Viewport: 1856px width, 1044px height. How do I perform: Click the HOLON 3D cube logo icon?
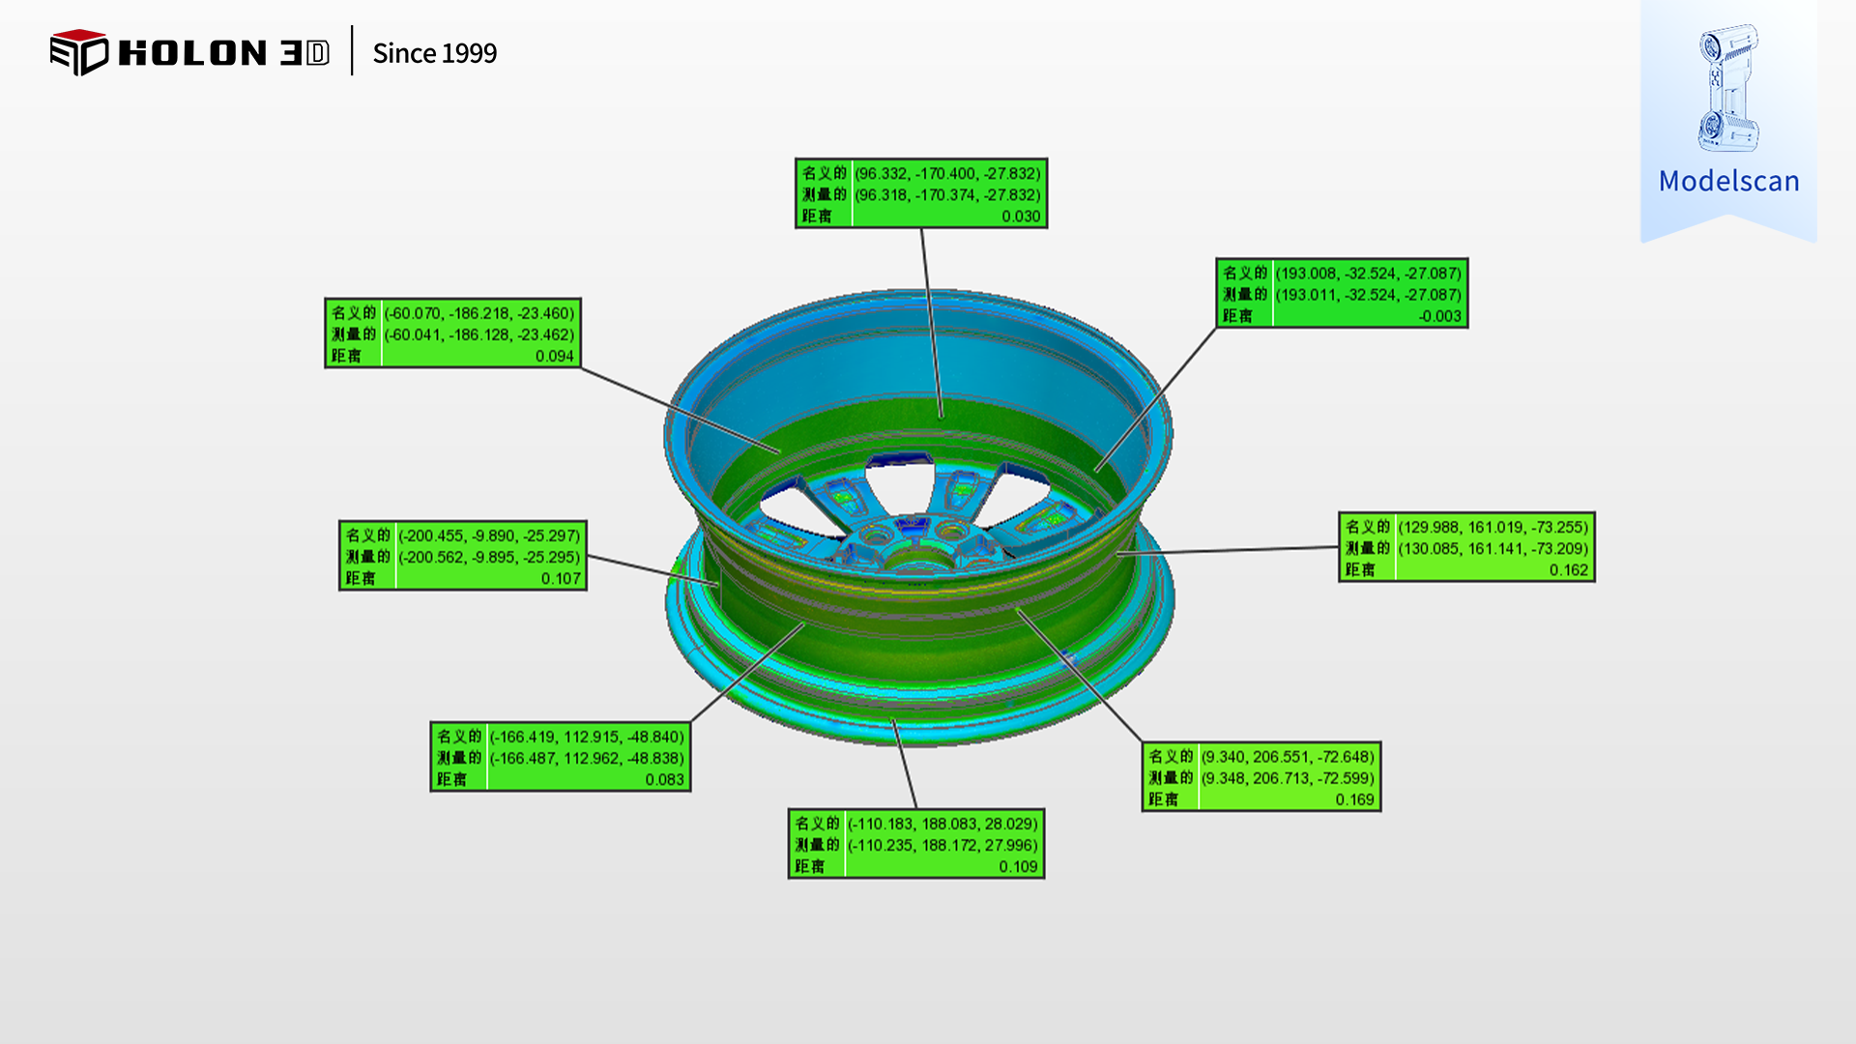[x=78, y=52]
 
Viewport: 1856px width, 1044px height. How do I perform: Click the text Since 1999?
[x=434, y=53]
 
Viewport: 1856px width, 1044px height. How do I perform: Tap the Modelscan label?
[x=1728, y=181]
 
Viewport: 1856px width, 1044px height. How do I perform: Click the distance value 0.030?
[x=1021, y=217]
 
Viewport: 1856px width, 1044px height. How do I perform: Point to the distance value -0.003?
[x=1439, y=316]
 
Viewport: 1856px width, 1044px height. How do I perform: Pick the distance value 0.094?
[x=554, y=356]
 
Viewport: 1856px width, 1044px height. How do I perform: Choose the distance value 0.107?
[x=561, y=578]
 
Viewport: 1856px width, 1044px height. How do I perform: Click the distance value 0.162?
[x=1568, y=569]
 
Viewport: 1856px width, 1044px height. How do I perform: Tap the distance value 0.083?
[x=664, y=779]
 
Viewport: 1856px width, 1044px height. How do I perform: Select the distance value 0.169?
[x=1354, y=799]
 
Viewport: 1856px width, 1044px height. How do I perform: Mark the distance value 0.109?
[x=1018, y=866]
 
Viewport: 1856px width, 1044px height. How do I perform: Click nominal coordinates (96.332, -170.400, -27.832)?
[x=947, y=174]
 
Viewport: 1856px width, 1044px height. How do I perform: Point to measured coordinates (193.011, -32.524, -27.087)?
[x=1368, y=295]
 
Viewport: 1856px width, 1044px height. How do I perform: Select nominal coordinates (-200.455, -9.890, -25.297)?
[x=489, y=536]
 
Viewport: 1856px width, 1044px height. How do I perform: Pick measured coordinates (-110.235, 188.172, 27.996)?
[x=942, y=845]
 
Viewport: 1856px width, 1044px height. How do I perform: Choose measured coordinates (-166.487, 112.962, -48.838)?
[x=587, y=758]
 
